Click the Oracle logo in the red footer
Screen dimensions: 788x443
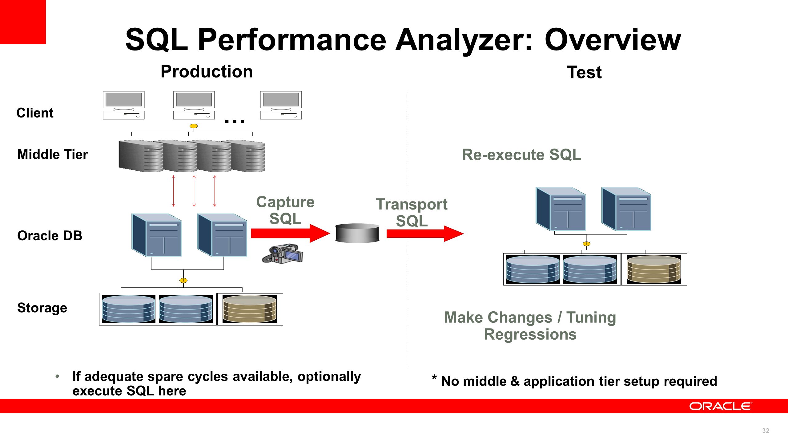721,406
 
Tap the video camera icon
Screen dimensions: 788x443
283,253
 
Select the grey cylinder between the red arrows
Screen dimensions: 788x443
357,233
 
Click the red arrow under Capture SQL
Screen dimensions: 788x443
290,233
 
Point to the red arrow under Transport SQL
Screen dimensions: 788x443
425,233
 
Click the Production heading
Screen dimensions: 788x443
207,72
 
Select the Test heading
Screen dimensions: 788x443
584,73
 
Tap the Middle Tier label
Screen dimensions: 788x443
53,154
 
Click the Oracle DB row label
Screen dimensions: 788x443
50,236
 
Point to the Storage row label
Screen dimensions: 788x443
42,308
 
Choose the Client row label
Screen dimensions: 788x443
35,113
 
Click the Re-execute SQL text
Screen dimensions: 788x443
522,154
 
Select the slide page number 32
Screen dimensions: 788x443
766,431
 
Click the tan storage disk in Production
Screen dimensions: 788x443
250,309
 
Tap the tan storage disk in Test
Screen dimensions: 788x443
654,269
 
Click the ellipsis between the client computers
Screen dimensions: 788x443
235,121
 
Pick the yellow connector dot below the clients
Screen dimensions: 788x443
194,126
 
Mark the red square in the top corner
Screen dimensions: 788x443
23,22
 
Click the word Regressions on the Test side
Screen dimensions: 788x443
530,334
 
